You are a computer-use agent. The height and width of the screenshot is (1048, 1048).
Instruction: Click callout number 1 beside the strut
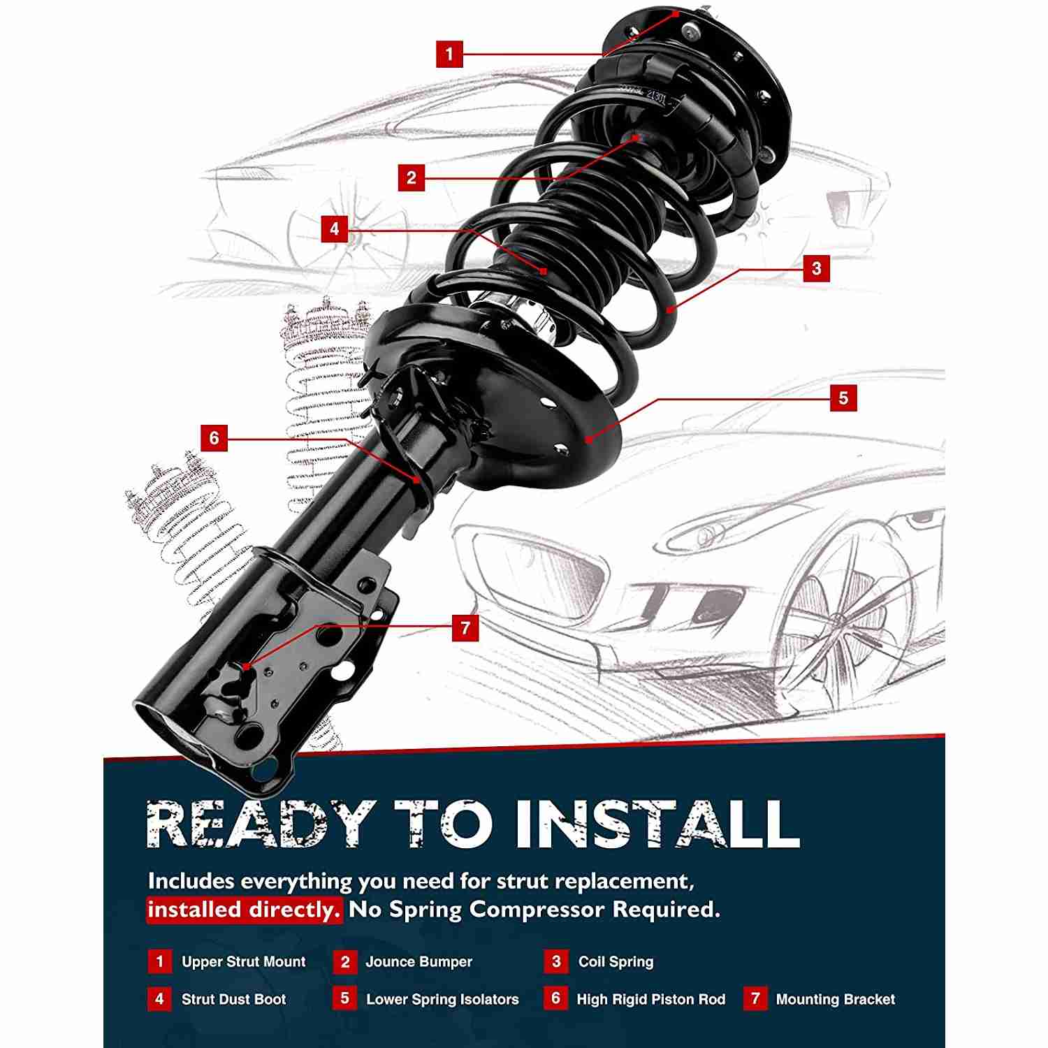pos(449,54)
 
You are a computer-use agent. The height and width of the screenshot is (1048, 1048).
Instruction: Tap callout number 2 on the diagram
pos(412,177)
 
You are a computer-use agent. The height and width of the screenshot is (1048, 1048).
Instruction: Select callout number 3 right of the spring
pos(817,268)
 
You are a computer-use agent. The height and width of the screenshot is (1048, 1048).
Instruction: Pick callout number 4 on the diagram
pos(335,229)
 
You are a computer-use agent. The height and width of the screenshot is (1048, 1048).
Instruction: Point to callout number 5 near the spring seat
pos(843,398)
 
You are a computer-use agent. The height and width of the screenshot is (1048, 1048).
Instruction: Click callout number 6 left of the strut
pos(214,438)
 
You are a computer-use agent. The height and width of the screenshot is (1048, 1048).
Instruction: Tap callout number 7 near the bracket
pos(465,627)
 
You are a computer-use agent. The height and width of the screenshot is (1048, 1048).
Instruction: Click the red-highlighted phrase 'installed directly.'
pos(244,910)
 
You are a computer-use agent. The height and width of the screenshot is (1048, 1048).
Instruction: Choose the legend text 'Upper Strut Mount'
pos(243,962)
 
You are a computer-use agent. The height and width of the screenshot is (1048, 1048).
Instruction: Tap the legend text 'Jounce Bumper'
pos(419,962)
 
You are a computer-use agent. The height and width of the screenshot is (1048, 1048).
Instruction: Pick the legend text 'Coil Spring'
pos(616,962)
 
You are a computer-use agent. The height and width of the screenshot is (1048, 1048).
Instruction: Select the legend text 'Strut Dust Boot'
pos(233,999)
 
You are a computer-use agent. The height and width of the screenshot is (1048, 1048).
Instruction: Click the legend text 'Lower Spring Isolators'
pos(442,999)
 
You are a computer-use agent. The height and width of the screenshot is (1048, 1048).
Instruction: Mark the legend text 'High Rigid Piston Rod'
pos(650,999)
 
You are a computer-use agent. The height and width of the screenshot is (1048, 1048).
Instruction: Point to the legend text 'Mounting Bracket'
pos(835,999)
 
